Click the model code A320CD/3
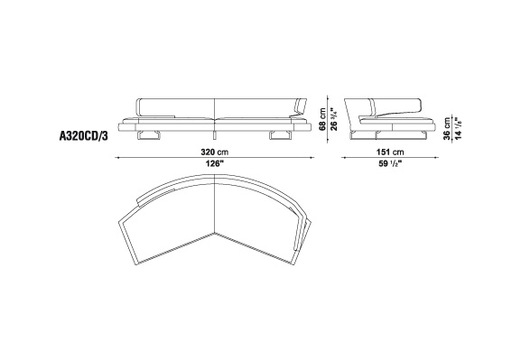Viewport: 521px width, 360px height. (x=83, y=136)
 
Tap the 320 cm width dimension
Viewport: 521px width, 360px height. (x=214, y=152)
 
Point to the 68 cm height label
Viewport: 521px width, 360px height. (x=322, y=118)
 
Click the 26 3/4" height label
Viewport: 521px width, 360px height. (x=333, y=118)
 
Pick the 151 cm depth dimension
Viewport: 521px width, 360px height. (x=390, y=152)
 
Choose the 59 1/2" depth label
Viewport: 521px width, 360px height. (x=390, y=163)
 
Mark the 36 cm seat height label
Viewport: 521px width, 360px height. (x=448, y=128)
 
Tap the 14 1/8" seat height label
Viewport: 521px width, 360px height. (x=459, y=128)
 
